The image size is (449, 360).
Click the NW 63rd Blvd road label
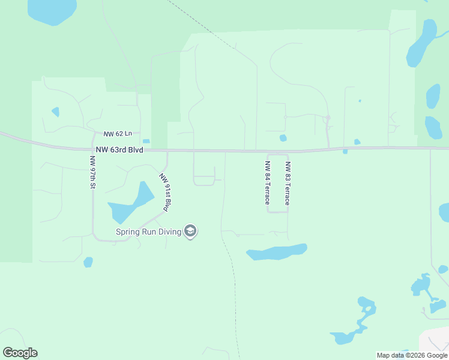point(119,149)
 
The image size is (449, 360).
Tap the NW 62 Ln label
point(116,134)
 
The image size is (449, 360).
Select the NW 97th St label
point(92,173)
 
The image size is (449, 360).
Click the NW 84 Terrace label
point(267,183)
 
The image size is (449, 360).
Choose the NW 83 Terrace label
point(288,184)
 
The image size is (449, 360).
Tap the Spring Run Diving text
point(149,232)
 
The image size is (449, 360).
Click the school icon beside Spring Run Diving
point(190,231)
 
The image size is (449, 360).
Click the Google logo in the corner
point(20,353)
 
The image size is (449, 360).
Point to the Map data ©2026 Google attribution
point(412,355)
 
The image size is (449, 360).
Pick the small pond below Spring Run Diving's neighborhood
point(88,262)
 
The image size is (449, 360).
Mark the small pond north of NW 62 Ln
point(56,112)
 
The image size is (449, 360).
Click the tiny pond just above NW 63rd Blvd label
point(146,142)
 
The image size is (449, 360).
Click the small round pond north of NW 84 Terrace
point(283,138)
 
